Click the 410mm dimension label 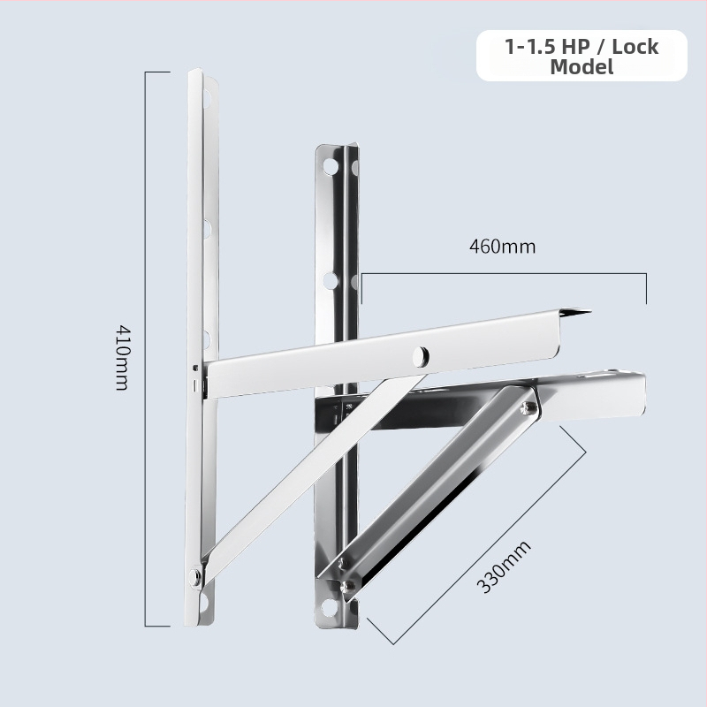tap(122, 358)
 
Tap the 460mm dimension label tap(502, 247)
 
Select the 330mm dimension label tap(504, 566)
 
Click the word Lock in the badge tap(635, 47)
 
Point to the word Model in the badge tap(582, 67)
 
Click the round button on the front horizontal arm tap(421, 356)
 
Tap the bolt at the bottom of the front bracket tap(194, 577)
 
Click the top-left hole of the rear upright tap(330, 166)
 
